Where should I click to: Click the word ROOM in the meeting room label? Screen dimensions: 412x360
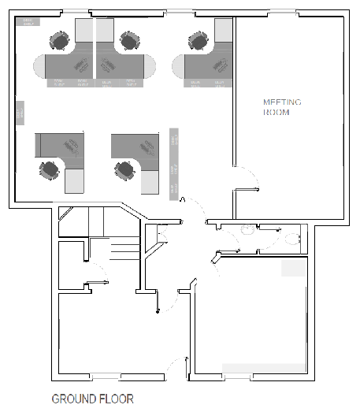pyautogui.click(x=276, y=113)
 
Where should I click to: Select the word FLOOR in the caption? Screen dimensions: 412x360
pyautogui.click(x=116, y=399)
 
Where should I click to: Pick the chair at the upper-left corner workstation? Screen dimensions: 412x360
pyautogui.click(x=60, y=39)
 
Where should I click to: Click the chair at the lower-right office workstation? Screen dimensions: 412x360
pyautogui.click(x=124, y=169)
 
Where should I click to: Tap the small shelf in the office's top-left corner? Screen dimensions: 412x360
pyautogui.click(x=28, y=23)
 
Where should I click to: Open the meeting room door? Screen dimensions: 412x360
pyautogui.click(x=246, y=179)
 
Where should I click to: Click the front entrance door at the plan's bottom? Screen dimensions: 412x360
pyautogui.click(x=177, y=369)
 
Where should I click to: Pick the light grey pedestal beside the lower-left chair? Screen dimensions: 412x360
pyautogui.click(x=73, y=180)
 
